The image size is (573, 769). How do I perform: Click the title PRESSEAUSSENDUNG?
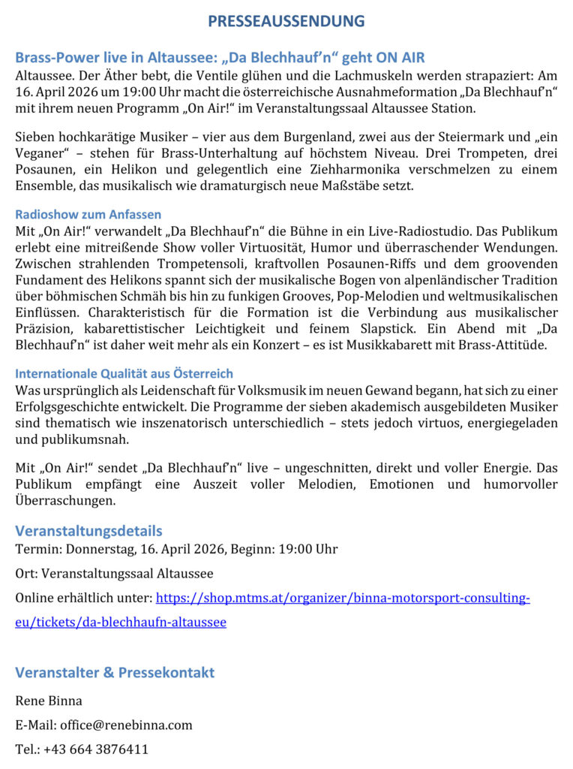point(286,21)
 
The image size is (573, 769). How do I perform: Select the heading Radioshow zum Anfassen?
point(88,215)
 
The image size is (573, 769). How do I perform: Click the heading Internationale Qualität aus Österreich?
point(124,373)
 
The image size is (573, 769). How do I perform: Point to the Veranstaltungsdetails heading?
point(88,531)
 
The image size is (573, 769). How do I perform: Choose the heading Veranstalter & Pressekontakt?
point(115,672)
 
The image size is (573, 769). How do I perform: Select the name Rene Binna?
point(49,701)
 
